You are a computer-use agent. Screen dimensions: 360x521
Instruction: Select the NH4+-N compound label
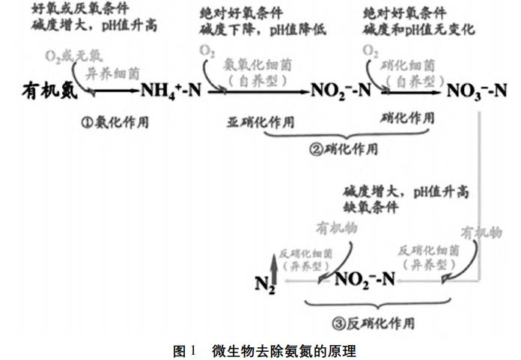[171, 91]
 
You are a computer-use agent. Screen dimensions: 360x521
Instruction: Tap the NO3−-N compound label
[477, 91]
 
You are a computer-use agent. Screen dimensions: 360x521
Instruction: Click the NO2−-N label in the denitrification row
[365, 280]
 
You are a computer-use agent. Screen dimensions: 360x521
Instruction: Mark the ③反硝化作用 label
[374, 323]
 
